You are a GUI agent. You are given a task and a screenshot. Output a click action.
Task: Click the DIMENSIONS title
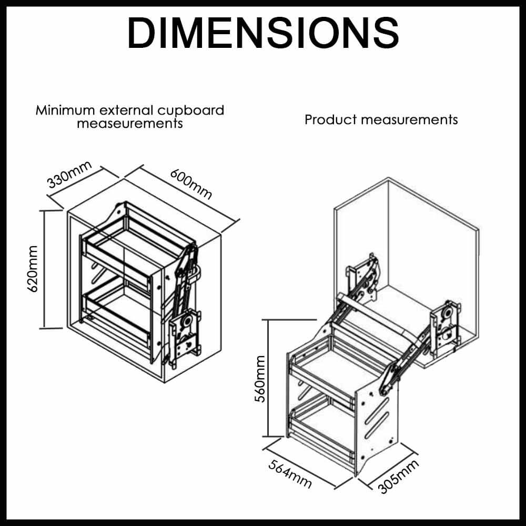pos(263,33)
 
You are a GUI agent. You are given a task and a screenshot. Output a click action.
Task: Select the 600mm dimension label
pos(191,184)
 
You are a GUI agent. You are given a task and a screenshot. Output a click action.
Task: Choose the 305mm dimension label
pos(398,476)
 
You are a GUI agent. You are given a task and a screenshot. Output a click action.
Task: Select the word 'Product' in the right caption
pos(330,119)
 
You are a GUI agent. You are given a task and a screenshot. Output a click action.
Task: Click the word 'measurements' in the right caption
pos(410,119)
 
